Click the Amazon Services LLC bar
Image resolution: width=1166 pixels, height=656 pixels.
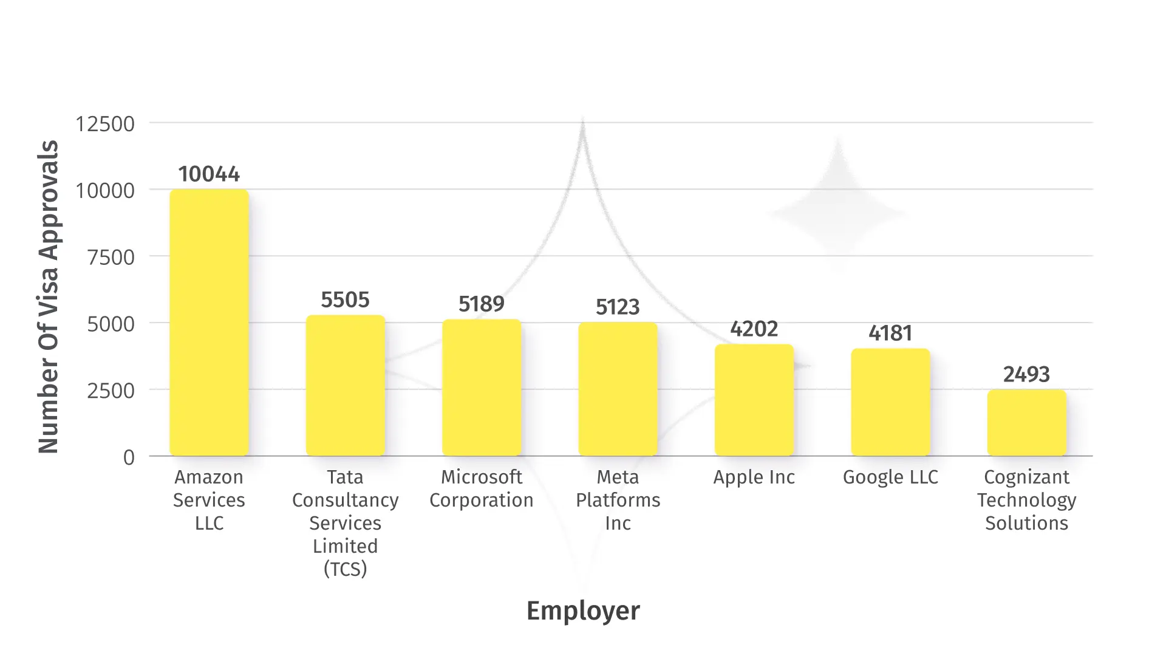point(209,323)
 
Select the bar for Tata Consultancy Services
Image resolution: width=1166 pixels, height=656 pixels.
point(345,386)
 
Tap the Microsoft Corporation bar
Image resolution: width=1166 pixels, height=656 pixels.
point(482,388)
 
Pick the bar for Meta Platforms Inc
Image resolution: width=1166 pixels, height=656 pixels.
point(618,389)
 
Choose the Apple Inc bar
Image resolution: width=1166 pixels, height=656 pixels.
point(754,400)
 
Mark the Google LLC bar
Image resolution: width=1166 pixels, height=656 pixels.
point(890,402)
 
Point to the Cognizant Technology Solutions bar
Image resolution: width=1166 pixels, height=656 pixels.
point(1026,423)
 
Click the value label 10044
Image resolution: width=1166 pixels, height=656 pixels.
point(209,174)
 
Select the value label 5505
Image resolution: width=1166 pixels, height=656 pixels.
point(345,300)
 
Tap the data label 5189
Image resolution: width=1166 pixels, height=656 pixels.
point(482,304)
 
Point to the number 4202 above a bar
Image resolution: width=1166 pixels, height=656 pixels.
point(754,329)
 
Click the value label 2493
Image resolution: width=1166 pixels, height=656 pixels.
point(1026,374)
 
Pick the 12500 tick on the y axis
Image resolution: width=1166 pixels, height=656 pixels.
point(105,124)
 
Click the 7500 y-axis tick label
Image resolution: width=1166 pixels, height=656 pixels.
point(111,258)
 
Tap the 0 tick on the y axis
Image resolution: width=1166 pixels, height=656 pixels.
point(129,457)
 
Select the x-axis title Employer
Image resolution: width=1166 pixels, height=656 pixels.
point(583,611)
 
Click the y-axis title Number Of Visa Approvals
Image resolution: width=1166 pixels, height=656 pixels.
point(49,297)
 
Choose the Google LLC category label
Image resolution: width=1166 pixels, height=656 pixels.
point(890,477)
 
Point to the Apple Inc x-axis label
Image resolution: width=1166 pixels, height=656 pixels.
point(754,477)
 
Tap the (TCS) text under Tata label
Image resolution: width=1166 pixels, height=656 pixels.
point(345,569)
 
